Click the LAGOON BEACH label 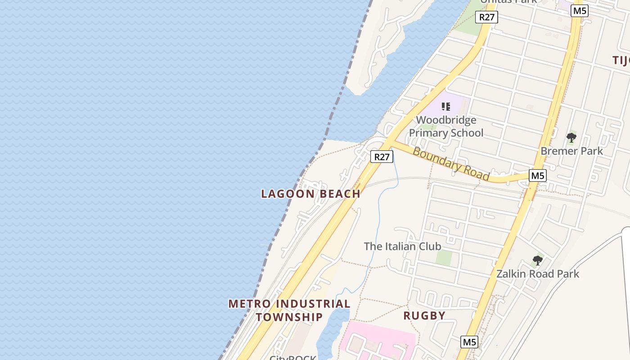tap(310, 194)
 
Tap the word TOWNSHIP tap(289, 317)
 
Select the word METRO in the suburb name tap(249, 304)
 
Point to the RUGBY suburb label tap(424, 315)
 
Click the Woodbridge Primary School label tap(446, 126)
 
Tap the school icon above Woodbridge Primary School tap(445, 107)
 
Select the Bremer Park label tap(571, 151)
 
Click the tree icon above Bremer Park tap(571, 137)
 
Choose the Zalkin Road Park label tap(538, 274)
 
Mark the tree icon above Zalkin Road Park tap(537, 260)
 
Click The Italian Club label tap(402, 246)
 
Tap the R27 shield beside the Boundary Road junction tap(382, 157)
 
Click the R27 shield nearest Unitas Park tap(486, 18)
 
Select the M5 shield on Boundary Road tap(537, 175)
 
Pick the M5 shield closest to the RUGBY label tap(469, 342)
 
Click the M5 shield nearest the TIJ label tap(579, 11)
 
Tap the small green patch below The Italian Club tap(444, 257)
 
